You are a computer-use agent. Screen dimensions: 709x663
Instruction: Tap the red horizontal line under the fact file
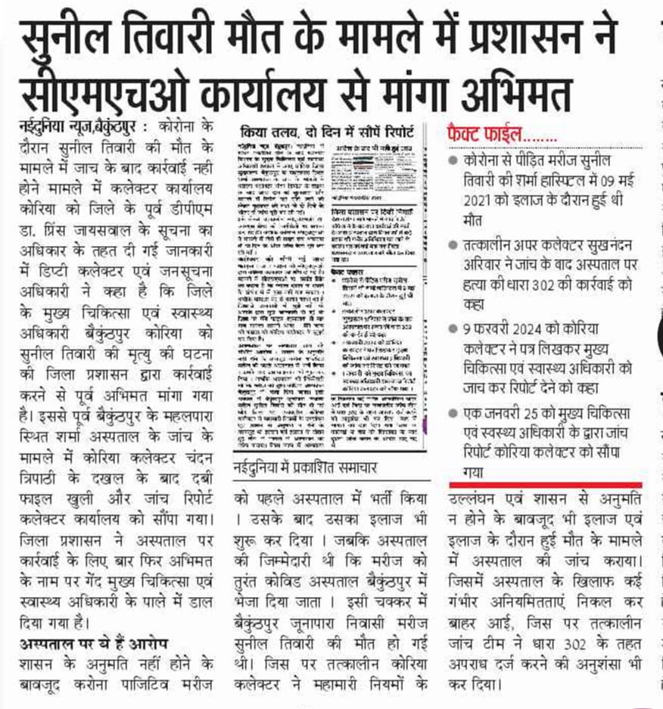coord(545,484)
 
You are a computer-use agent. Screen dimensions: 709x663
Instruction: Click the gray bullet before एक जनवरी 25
coord(453,413)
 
